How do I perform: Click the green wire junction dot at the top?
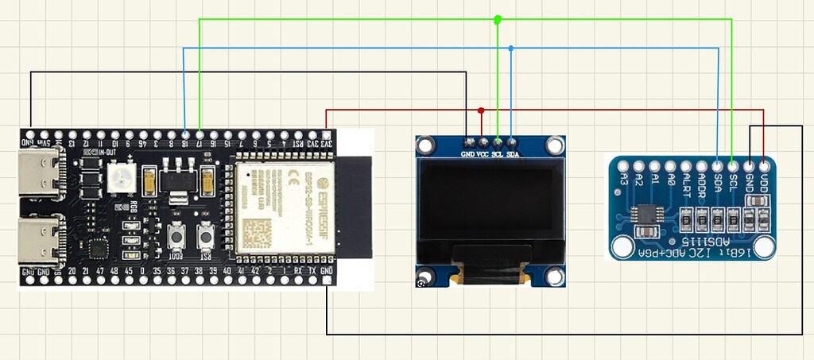click(498, 19)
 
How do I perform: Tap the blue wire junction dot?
click(511, 48)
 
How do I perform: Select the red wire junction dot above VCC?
click(482, 110)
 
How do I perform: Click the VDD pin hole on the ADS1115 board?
click(764, 167)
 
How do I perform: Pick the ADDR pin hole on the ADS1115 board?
click(702, 167)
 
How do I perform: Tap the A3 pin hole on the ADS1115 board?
click(624, 167)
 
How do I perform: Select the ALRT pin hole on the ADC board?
click(686, 167)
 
